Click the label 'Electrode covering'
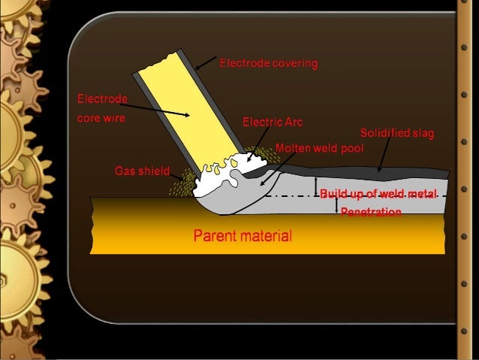coord(268,64)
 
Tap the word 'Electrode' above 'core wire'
coord(103,99)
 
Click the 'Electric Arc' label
coord(273,121)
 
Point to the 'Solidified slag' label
coord(397,134)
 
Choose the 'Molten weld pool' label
coord(319,148)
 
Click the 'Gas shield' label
coord(142,171)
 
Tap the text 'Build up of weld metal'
coord(378,195)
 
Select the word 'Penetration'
coord(371,213)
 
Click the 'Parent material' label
coord(243,237)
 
